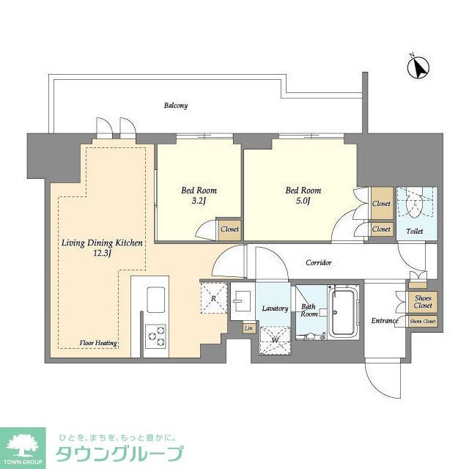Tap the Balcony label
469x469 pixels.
pyautogui.click(x=176, y=106)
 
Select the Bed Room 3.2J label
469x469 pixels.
pyautogui.click(x=199, y=196)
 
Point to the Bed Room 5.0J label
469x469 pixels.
pyautogui.click(x=303, y=196)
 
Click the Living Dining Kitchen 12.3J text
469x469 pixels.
pyautogui.click(x=101, y=248)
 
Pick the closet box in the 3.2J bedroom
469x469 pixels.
pyautogui.click(x=229, y=229)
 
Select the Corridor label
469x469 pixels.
pyautogui.click(x=319, y=262)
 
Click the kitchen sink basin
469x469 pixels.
pyautogui.click(x=156, y=299)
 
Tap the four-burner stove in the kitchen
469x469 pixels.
pyautogui.click(x=155, y=336)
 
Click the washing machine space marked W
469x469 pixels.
pyautogui.click(x=274, y=340)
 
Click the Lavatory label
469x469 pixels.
pyautogui.click(x=274, y=309)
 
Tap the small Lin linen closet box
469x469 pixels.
pyautogui.click(x=249, y=328)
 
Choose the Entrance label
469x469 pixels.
pyautogui.click(x=384, y=321)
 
